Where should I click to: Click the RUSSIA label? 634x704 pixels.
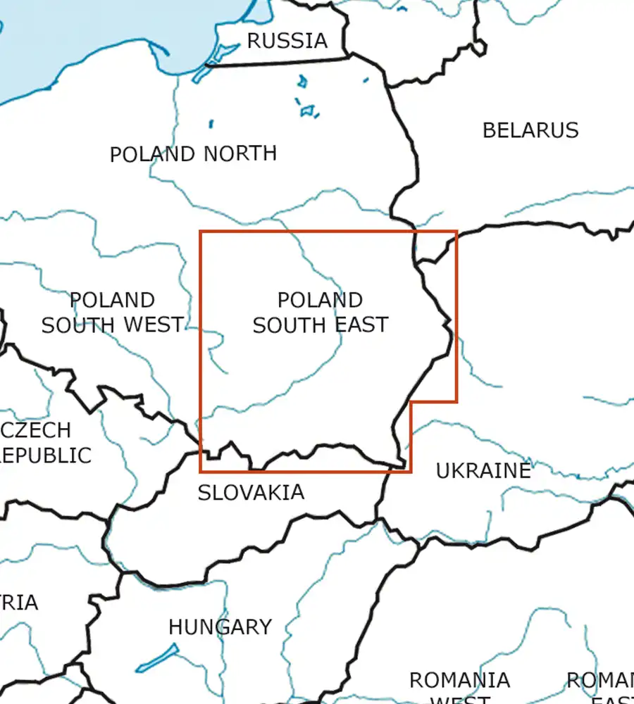coord(287,41)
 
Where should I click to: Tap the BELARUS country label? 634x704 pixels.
coord(530,130)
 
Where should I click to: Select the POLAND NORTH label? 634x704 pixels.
coord(193,153)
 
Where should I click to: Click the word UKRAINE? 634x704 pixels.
coord(483,471)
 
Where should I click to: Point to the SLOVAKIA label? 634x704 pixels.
coord(251,493)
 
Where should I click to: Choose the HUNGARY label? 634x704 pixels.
coord(220,627)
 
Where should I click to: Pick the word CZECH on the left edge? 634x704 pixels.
coord(37,430)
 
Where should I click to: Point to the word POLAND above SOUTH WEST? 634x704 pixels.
coord(112,301)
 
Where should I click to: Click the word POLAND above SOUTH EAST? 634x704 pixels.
coord(320,301)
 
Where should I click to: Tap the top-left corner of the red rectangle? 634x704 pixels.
coord(201,232)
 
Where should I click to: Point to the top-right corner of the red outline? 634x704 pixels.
coord(456,232)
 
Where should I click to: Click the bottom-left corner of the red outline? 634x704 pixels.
coord(201,471)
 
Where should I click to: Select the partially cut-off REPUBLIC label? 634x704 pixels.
coord(46,455)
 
